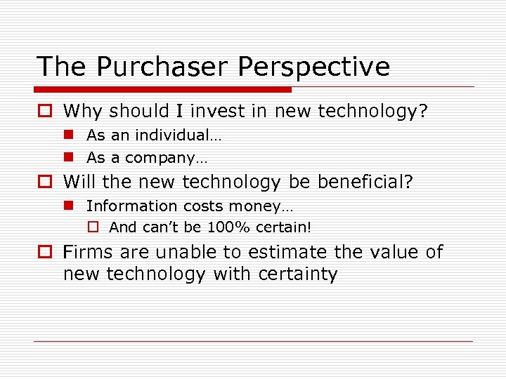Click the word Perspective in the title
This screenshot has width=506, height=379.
313,67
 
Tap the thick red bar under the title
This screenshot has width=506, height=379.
163,90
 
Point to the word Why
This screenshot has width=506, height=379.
82,111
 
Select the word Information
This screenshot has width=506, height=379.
131,206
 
